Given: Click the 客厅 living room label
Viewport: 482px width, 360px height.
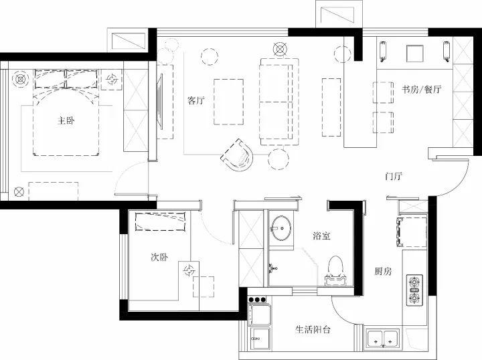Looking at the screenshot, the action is (195, 100).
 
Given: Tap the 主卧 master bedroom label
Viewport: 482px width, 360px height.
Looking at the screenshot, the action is (66, 120).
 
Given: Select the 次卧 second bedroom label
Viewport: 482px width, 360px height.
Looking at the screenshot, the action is (159, 257).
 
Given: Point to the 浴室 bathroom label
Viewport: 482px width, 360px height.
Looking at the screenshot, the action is (321, 236).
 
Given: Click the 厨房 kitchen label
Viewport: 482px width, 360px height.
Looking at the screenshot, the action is (383, 271).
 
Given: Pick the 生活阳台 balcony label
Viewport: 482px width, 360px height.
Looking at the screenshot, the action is (313, 330).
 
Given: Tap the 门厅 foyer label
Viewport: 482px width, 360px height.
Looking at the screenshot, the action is (394, 176).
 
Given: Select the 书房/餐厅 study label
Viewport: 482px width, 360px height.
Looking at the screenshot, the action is (422, 90).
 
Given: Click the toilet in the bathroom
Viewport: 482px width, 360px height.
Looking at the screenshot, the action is (335, 270).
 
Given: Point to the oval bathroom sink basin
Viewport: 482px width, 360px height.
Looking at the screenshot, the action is (280, 228).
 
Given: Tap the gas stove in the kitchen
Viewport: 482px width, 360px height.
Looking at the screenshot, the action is (414, 290).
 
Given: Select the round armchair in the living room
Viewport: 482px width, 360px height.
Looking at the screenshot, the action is (238, 155).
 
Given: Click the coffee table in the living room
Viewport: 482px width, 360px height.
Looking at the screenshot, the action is (229, 102).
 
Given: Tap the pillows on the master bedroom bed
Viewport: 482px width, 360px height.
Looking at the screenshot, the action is (66, 79).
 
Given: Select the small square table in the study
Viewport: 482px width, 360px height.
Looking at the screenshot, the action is (415, 54).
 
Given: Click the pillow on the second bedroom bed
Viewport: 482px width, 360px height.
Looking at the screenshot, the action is (161, 221).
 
